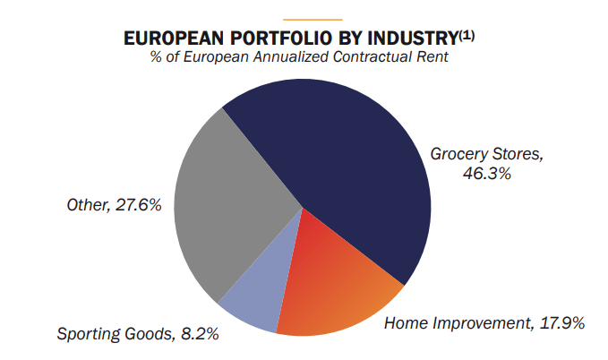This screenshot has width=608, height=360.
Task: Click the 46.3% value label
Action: click(x=487, y=174)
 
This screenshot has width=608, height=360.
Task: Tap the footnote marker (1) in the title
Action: click(x=467, y=35)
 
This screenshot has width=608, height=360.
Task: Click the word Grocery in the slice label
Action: click(x=459, y=153)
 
